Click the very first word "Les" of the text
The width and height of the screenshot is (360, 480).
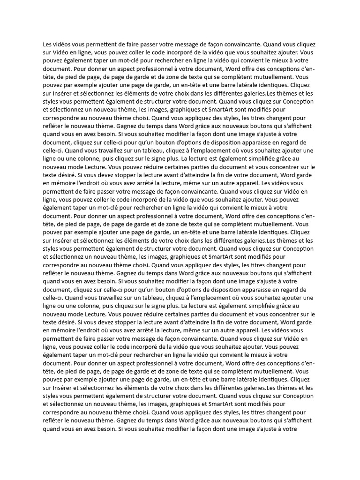[47, 45]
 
